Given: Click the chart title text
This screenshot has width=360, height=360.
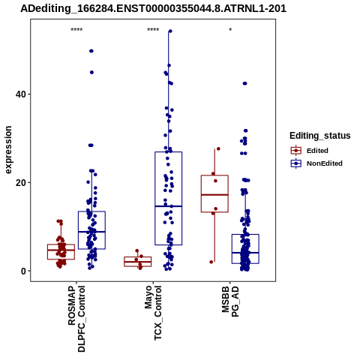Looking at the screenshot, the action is (x=153, y=9).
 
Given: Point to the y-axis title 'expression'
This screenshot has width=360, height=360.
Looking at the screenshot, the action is (x=8, y=150).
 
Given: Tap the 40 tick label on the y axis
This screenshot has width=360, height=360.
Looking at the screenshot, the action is (x=20, y=94).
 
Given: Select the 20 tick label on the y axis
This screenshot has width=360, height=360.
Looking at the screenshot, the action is (x=20, y=183).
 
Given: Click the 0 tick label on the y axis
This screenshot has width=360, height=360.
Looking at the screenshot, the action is (x=23, y=271).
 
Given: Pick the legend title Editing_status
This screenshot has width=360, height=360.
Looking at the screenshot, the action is (x=320, y=136).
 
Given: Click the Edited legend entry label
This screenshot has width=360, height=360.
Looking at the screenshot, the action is (x=317, y=151).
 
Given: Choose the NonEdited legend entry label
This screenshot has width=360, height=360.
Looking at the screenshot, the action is (x=325, y=163).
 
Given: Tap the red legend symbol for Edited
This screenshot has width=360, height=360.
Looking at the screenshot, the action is (x=296, y=151).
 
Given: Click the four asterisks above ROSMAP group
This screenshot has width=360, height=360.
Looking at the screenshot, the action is (x=76, y=30).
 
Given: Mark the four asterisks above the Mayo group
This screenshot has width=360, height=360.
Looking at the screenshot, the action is (x=153, y=30).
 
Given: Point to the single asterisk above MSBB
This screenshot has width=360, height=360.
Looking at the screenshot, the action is (x=230, y=30).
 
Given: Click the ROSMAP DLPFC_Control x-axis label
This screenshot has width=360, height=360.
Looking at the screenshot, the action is (x=76, y=319).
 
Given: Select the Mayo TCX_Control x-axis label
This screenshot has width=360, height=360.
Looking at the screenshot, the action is (x=153, y=313).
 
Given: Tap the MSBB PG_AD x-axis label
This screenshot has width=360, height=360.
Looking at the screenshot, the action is (x=230, y=301).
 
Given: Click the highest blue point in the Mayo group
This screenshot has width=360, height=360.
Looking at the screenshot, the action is (x=170, y=31).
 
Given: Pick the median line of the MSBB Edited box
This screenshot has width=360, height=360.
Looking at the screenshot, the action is (x=214, y=195).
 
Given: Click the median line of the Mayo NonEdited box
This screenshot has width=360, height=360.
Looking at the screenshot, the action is (x=168, y=206).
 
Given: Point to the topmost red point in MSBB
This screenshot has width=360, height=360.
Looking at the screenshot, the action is (x=218, y=148).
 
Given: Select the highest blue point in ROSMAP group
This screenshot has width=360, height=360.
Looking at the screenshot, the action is (x=91, y=51).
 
